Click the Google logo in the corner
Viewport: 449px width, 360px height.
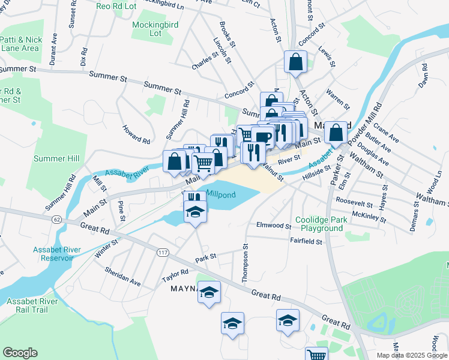20,353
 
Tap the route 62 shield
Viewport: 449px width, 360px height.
56,220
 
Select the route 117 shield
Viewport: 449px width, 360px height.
162,252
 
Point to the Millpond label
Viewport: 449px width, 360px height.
222,194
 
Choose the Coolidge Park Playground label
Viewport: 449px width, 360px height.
322,224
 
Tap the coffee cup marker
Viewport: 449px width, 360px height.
262,137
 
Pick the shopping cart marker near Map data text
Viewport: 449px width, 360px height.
316,355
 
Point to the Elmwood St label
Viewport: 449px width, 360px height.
274,227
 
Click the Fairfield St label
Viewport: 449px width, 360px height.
306,242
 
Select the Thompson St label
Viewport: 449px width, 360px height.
245,263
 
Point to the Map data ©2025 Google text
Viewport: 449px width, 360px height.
411,355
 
